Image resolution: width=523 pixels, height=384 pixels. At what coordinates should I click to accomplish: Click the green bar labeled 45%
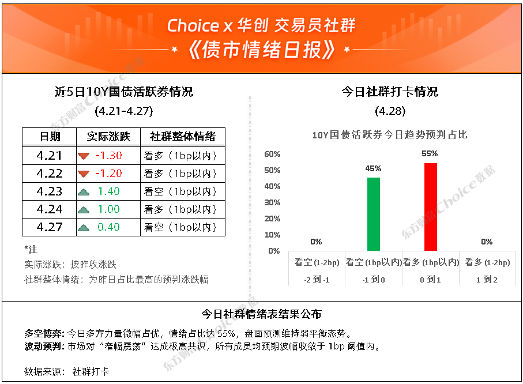(373, 214)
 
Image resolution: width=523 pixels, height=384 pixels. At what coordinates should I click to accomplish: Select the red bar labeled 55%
(430, 207)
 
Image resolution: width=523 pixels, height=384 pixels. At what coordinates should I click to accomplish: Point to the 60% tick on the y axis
(272, 154)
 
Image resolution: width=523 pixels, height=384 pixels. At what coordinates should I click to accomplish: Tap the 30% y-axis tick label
(272, 202)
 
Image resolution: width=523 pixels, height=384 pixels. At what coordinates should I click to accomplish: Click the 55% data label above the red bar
(430, 153)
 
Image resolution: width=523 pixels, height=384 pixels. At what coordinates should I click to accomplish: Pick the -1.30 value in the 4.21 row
(109, 156)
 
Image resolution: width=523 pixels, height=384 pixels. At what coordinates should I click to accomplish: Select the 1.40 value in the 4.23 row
(109, 191)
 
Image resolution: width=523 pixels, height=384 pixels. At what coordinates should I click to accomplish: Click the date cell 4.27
(50, 227)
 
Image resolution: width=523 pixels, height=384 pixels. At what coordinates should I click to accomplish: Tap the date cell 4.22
(50, 174)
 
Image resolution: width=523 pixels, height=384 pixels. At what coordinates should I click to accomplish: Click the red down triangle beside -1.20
(84, 174)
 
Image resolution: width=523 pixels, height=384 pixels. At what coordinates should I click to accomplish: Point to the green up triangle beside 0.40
(84, 228)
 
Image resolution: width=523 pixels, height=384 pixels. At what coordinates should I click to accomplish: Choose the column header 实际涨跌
(108, 137)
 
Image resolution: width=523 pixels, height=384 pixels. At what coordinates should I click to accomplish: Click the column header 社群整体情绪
(183, 137)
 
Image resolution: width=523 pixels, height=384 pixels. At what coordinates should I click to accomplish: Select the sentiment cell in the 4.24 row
(180, 209)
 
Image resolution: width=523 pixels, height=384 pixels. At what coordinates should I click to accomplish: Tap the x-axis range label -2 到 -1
(317, 280)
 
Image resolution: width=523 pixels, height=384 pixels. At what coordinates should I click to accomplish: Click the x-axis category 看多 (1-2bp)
(487, 262)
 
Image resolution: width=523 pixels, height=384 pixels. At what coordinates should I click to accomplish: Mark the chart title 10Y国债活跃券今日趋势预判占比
(390, 135)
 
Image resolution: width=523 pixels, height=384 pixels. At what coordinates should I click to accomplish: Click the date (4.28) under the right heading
(390, 111)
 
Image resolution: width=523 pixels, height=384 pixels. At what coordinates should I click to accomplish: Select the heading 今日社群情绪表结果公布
(262, 314)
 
